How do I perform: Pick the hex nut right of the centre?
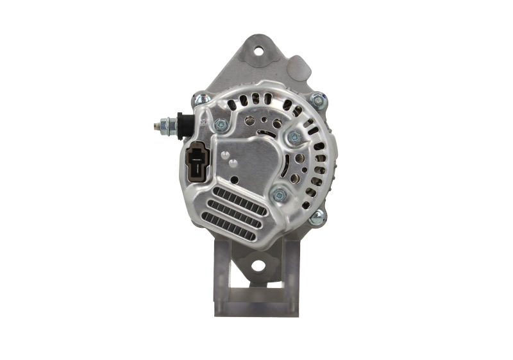pyautogui.click(x=294, y=135)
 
